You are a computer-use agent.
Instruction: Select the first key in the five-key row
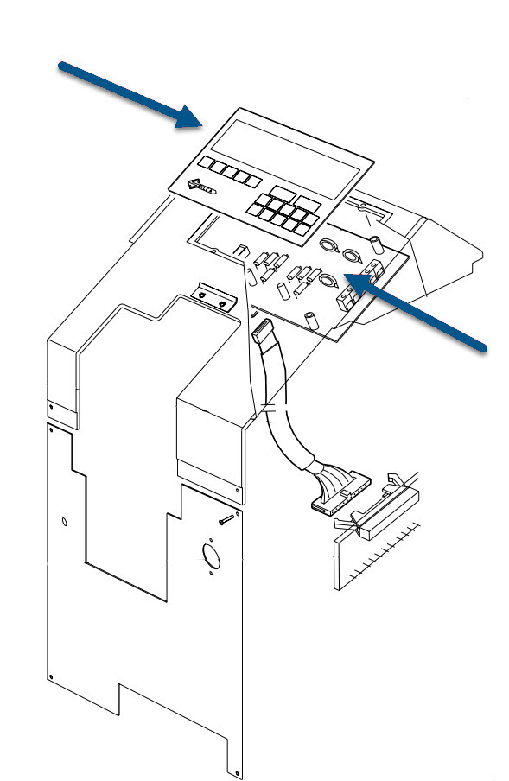[x=207, y=162]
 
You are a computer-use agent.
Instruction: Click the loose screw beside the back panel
[x=226, y=518]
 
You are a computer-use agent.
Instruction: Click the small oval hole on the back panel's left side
[x=65, y=522]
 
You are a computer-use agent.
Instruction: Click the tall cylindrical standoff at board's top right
[x=377, y=242]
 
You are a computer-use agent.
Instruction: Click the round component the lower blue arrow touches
[x=327, y=280]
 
